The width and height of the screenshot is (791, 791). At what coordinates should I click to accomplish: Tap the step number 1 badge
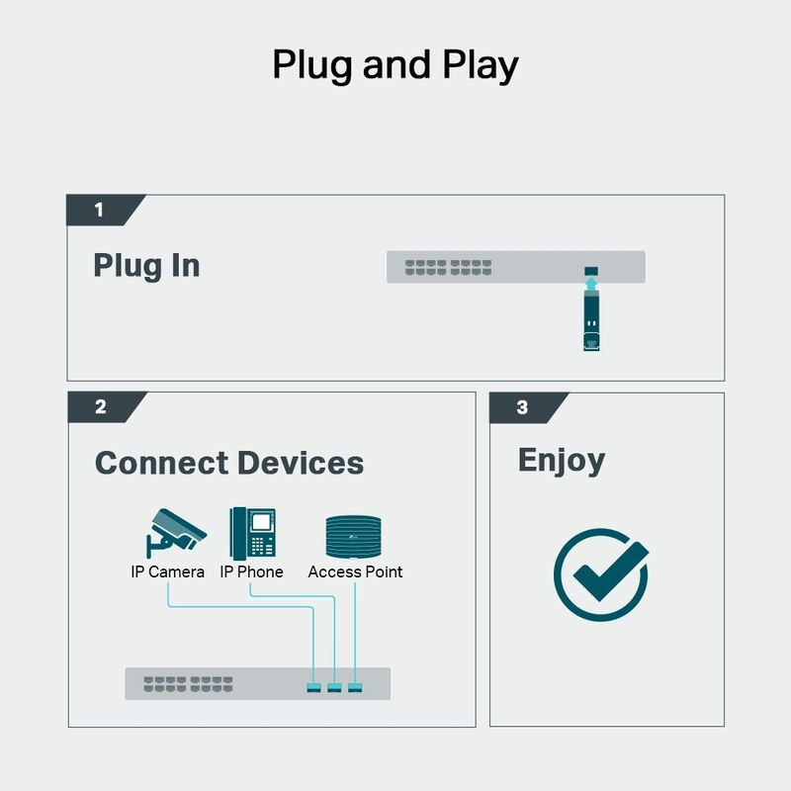click(99, 210)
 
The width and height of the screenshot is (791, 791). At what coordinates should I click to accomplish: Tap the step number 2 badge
click(101, 407)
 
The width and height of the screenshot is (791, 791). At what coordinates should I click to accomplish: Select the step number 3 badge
click(522, 407)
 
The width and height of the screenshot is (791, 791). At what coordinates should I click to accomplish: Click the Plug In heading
click(146, 266)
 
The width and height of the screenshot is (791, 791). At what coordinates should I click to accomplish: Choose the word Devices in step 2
click(301, 463)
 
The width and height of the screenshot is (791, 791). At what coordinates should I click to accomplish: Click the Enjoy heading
click(562, 460)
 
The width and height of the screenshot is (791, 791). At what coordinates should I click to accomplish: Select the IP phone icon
click(252, 534)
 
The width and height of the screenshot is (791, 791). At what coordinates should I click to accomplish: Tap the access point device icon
click(355, 537)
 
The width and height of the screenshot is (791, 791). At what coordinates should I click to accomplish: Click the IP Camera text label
click(168, 571)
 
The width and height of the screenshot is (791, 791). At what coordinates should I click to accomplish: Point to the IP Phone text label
click(251, 571)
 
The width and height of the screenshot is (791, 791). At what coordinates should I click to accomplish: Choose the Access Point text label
click(355, 571)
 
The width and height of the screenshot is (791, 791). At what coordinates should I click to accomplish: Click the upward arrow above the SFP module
click(591, 286)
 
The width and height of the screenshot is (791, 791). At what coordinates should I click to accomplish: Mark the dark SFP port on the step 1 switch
click(591, 270)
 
